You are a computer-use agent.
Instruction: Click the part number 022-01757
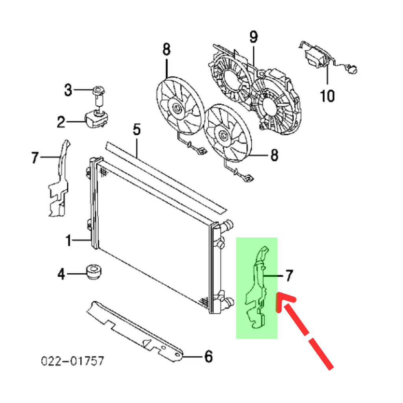[73, 361]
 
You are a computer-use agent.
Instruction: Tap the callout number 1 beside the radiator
[68, 240]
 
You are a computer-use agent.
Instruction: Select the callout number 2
[61, 122]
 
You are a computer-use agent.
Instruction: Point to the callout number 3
[68, 91]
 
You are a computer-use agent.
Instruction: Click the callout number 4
[61, 274]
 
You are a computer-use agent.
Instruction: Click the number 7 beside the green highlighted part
[289, 275]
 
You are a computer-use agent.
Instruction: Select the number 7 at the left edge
[35, 158]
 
